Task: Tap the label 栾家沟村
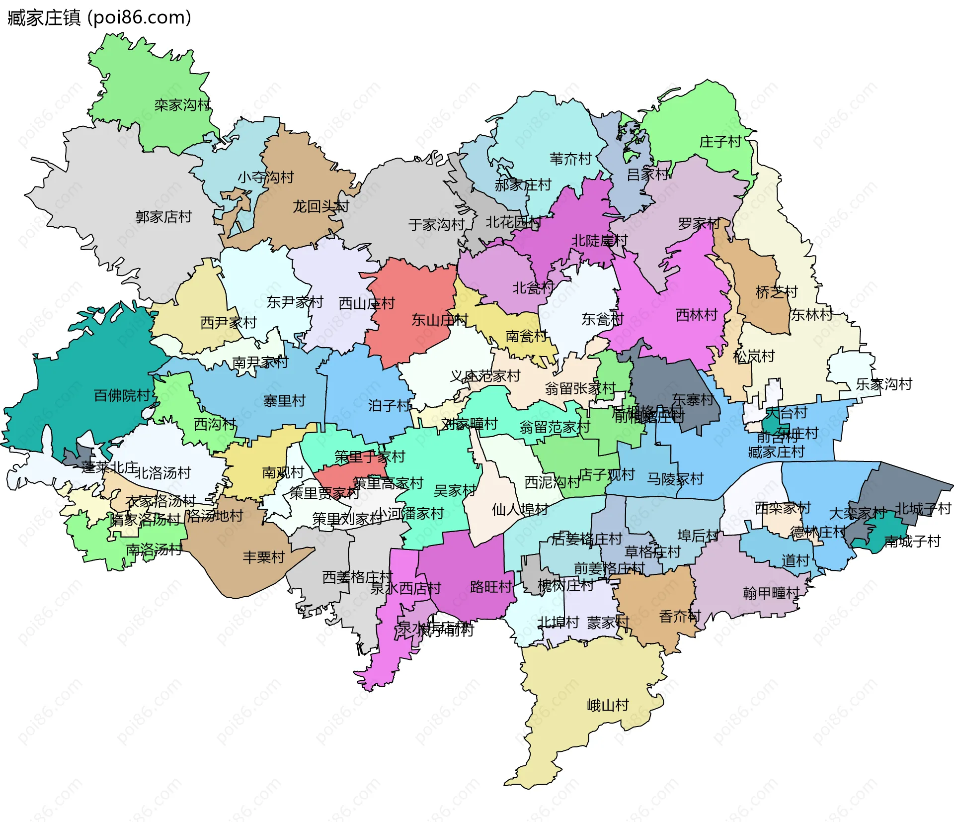[x=182, y=105]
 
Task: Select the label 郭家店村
[x=163, y=217]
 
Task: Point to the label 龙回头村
[x=320, y=206]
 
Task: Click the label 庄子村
[x=720, y=142]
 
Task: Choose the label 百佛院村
[x=122, y=395]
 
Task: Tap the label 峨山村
[x=608, y=705]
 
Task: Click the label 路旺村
[x=491, y=587]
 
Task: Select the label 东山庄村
[x=439, y=320]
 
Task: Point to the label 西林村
[x=697, y=314]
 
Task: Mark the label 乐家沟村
[x=884, y=384]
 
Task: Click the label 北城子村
[x=923, y=508]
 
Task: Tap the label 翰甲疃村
[x=771, y=593]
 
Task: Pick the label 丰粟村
[x=263, y=557]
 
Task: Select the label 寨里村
[x=284, y=401]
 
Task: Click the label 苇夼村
[x=570, y=159]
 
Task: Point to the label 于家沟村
[x=436, y=225]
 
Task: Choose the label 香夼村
[x=679, y=617]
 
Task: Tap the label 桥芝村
[x=776, y=292]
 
